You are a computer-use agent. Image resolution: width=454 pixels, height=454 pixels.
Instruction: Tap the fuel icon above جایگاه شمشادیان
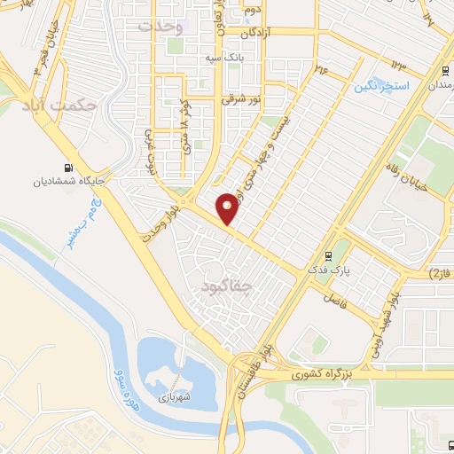[68, 167]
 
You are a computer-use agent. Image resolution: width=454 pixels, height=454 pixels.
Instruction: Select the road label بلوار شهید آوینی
[382, 323]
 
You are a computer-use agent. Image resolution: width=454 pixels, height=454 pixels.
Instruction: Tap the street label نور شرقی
[239, 101]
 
